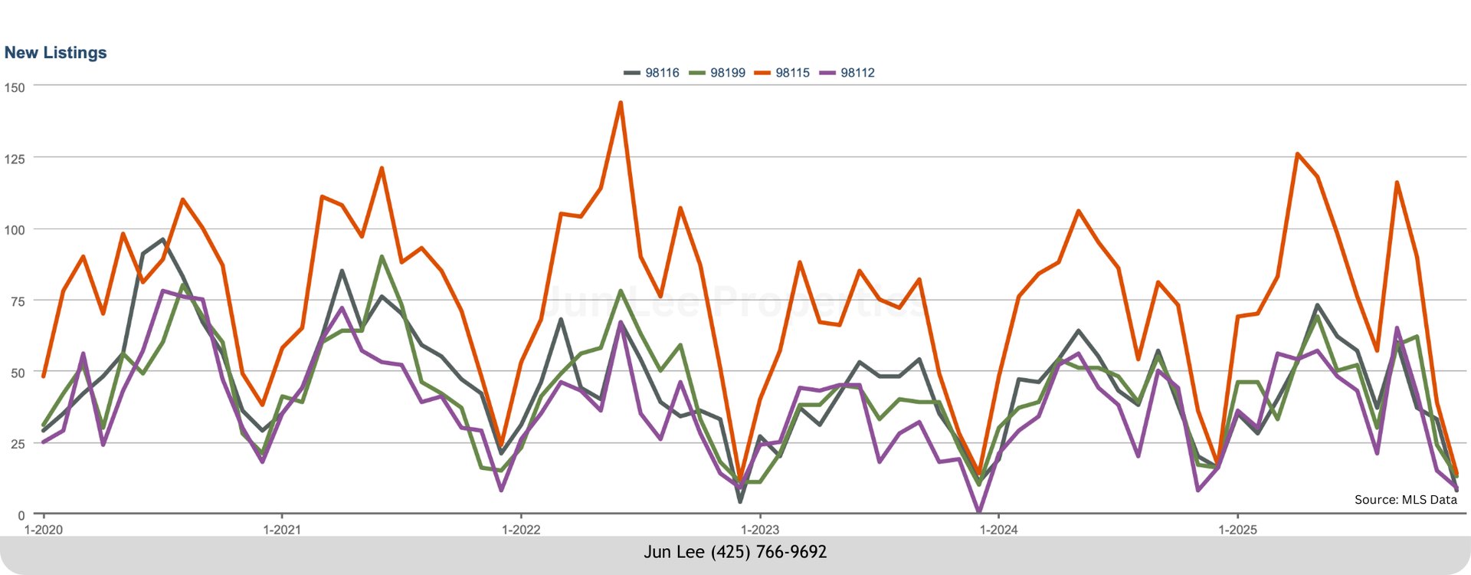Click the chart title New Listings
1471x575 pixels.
click(x=55, y=53)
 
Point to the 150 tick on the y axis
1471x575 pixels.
click(x=15, y=87)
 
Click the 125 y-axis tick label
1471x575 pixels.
click(x=15, y=159)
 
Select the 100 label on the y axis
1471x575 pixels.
click(x=15, y=230)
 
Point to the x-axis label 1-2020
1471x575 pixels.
click(x=44, y=530)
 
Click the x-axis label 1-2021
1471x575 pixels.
click(x=282, y=530)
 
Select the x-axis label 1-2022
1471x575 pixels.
click(x=521, y=530)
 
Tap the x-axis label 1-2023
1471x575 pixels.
click(x=760, y=530)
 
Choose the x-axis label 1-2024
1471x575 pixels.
click(x=999, y=530)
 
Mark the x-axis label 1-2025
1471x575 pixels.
click(x=1237, y=530)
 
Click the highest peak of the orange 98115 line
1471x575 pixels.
click(x=621, y=103)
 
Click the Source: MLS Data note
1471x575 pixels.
click(x=1405, y=500)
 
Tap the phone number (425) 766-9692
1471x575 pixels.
click(x=768, y=552)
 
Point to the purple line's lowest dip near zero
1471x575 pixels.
click(x=979, y=511)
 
